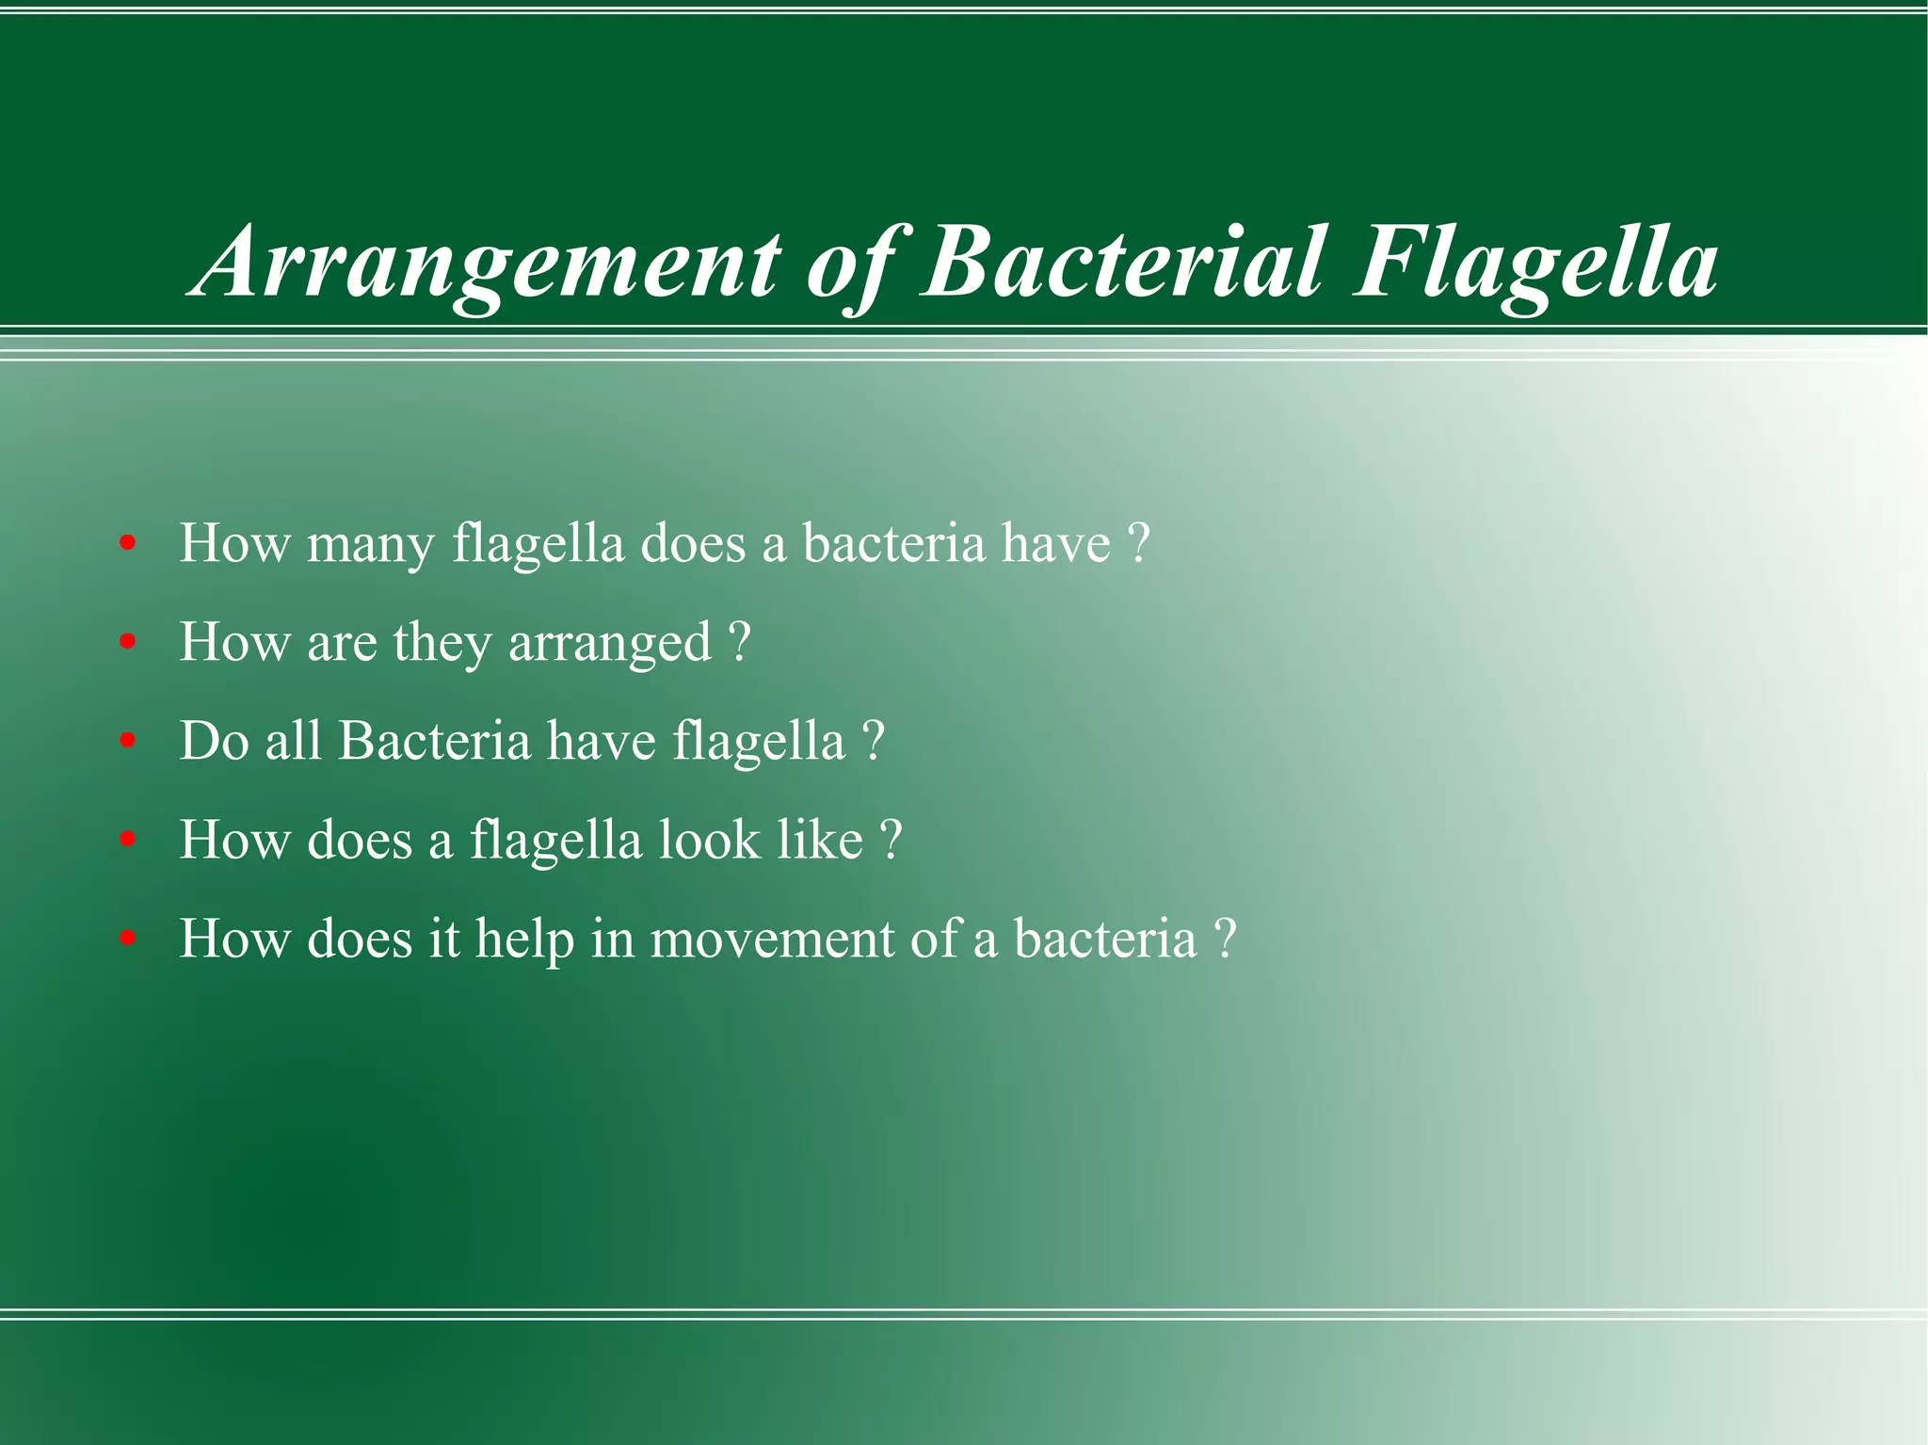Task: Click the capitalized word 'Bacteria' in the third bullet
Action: tap(435, 741)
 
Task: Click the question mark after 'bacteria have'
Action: tap(1138, 544)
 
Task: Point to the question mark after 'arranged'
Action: tap(740, 643)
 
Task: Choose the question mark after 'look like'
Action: tap(891, 840)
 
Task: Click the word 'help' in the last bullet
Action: tap(524, 939)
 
